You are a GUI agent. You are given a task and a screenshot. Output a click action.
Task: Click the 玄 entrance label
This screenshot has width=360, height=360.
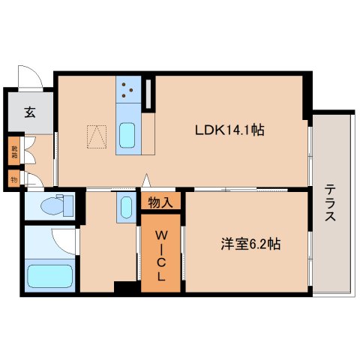[30, 112]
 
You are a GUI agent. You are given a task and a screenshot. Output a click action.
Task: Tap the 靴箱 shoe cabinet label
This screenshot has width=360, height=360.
[14, 151]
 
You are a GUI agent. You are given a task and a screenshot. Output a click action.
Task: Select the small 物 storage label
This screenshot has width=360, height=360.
[14, 178]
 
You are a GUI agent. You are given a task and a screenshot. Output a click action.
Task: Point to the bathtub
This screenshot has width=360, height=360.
[49, 274]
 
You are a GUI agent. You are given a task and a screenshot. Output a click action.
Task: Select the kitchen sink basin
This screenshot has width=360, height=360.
[126, 135]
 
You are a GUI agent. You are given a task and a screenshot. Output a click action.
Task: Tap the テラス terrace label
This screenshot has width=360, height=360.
[331, 203]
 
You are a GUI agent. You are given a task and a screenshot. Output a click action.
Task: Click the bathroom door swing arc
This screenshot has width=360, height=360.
[63, 241]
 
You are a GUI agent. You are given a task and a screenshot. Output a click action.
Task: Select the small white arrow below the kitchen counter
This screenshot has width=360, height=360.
[147, 181]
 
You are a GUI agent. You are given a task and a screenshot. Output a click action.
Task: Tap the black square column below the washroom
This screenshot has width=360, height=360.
[123, 287]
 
